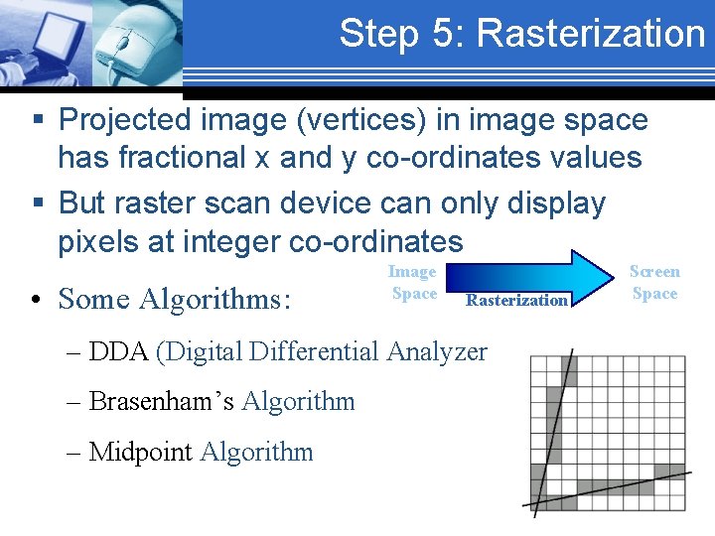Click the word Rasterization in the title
pyautogui.click(x=590, y=33)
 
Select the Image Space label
pyautogui.click(x=413, y=282)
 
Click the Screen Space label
pyautogui.click(x=654, y=282)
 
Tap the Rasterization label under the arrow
pyautogui.click(x=516, y=300)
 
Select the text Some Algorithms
pyautogui.click(x=175, y=298)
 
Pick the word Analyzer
pyautogui.click(x=437, y=351)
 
